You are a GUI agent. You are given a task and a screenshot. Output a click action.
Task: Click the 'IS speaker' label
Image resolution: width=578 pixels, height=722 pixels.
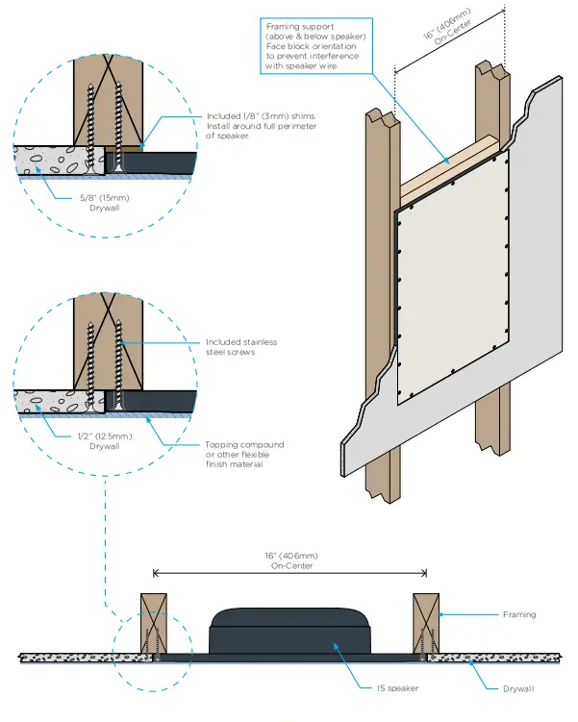[389, 688]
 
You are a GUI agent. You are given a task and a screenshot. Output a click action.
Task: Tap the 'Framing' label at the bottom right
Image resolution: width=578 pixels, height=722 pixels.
[520, 613]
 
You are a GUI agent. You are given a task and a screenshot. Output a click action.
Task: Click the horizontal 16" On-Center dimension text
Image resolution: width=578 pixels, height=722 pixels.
[288, 560]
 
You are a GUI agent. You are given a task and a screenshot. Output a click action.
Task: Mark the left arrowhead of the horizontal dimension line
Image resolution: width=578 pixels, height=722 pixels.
[156, 574]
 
